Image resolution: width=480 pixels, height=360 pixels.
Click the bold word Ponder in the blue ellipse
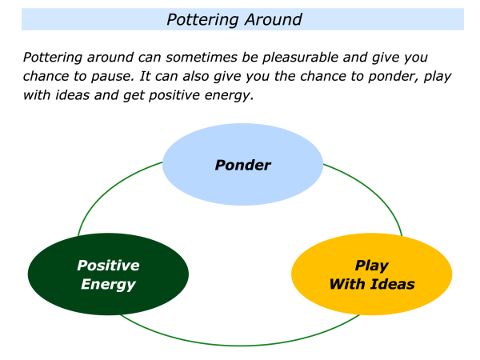(x=242, y=166)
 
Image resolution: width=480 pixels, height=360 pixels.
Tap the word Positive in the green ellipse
(x=108, y=265)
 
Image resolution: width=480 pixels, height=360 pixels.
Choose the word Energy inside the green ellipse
(x=108, y=284)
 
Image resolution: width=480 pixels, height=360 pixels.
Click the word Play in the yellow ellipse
(x=371, y=265)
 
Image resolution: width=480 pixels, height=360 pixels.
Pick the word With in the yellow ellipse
(x=347, y=284)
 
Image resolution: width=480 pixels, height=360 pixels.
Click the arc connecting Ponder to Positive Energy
(x=104, y=192)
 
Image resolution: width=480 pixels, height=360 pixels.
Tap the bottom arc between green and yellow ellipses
(x=240, y=345)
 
